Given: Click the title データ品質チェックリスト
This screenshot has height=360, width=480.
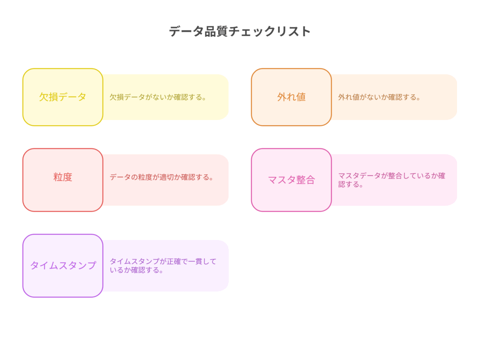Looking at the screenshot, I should tap(240, 31).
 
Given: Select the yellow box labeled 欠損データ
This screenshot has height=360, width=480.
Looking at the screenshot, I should tap(63, 97).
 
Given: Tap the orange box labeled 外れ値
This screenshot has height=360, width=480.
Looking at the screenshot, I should tap(291, 97).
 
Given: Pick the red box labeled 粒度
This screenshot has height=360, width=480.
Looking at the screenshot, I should tap(63, 178).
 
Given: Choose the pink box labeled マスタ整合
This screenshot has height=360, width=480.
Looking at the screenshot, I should tap(291, 180).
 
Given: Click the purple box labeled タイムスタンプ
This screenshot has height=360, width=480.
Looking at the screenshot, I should tap(63, 265).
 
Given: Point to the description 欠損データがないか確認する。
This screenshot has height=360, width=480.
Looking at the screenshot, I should tap(158, 97).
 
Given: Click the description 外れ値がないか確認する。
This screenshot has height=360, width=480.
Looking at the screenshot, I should tap(379, 97).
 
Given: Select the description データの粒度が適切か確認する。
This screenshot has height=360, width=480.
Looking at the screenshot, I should tap(162, 178).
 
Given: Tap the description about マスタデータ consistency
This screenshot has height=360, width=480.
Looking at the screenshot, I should tap(391, 180).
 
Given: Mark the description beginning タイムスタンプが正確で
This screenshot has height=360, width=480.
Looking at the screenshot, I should tap(163, 266).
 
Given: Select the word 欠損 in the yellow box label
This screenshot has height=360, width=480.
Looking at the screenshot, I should tap(48, 97).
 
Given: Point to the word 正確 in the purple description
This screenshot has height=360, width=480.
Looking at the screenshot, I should tap(174, 262).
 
